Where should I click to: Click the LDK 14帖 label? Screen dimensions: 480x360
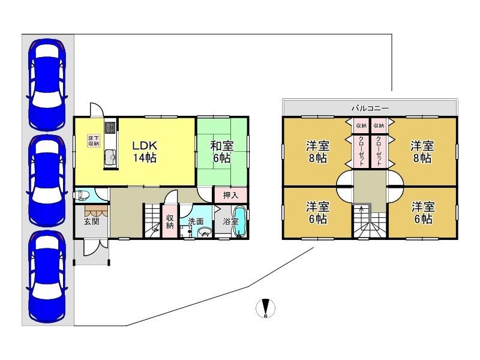(x=145, y=152)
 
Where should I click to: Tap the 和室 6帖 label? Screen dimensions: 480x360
(x=221, y=152)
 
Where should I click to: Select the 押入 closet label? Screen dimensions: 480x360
(x=230, y=195)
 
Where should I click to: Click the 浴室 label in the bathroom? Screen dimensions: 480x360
(x=230, y=221)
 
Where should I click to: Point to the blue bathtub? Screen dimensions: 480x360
(x=241, y=221)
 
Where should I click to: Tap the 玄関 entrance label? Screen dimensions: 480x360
(x=92, y=221)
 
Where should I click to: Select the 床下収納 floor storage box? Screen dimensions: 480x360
(x=94, y=140)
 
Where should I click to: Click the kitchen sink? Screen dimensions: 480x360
(x=110, y=158)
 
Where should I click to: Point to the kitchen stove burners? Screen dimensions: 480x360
(x=110, y=128)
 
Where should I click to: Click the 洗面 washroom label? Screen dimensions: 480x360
(x=196, y=221)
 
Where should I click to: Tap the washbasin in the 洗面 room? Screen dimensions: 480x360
(x=205, y=232)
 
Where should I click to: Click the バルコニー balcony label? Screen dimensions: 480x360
(x=370, y=108)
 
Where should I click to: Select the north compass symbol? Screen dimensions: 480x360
(x=265, y=308)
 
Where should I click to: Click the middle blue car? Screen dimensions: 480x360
(x=47, y=181)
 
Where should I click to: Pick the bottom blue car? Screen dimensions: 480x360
(x=47, y=277)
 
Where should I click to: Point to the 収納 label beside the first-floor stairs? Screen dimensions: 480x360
(x=170, y=221)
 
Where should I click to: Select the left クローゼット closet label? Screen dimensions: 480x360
(x=361, y=151)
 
